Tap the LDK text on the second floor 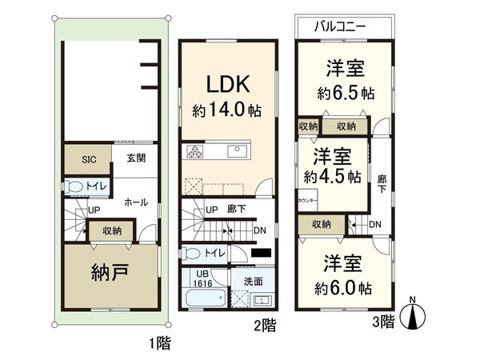point(227,85)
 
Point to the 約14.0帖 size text point(227,110)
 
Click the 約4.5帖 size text point(332,175)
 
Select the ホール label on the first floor point(135,202)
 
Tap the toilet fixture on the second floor point(190,254)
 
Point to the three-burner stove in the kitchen point(197,151)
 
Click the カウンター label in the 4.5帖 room point(306,199)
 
